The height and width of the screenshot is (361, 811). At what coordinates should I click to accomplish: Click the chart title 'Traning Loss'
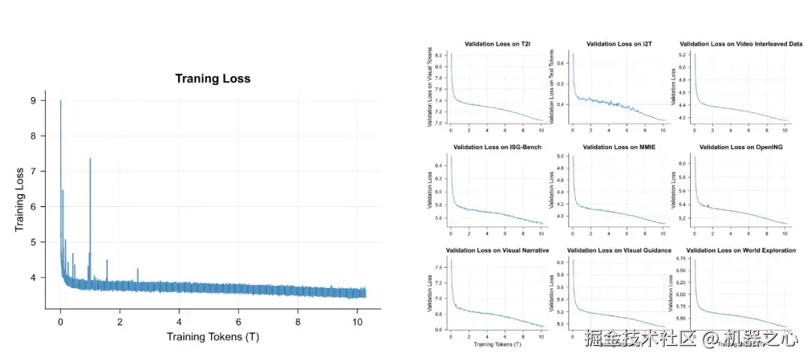pos(213,78)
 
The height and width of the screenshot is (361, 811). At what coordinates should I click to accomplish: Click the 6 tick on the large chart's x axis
pos(238,321)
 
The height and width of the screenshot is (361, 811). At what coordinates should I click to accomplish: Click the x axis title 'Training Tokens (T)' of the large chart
pos(213,336)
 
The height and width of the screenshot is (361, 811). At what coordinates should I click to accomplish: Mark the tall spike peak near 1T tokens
pos(90,159)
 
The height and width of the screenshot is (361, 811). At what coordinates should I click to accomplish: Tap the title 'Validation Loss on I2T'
pos(619,44)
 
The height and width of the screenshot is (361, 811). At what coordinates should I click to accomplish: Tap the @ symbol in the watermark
pos(710,339)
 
